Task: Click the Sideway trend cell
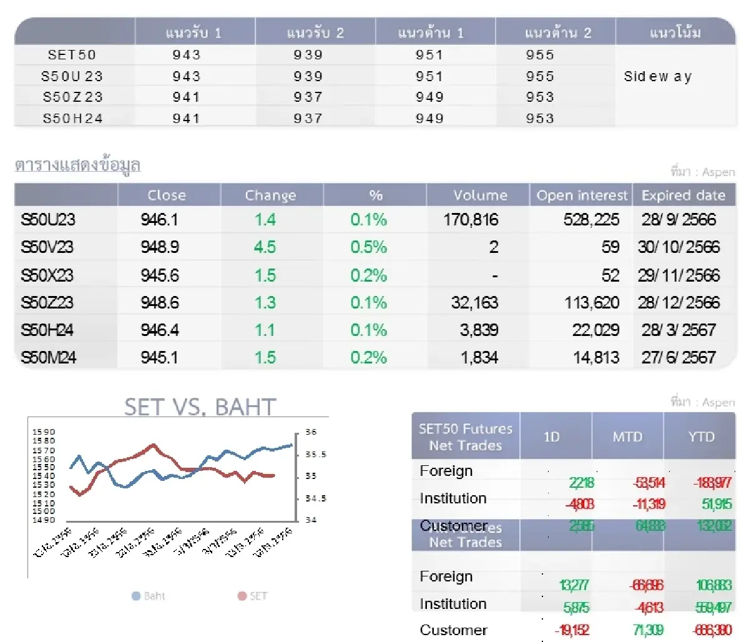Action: pyautogui.click(x=658, y=77)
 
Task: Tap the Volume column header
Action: pyautogui.click(x=479, y=195)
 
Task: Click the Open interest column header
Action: pyautogui.click(x=582, y=195)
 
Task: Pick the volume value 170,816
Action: pyautogui.click(x=471, y=220)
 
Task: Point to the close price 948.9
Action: pyautogui.click(x=160, y=247)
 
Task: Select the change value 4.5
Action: pyautogui.click(x=265, y=247)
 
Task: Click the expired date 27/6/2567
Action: pyautogui.click(x=678, y=358)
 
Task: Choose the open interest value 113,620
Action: pyautogui.click(x=592, y=303)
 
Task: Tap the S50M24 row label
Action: pyautogui.click(x=49, y=358)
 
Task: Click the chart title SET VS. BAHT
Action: pyautogui.click(x=200, y=407)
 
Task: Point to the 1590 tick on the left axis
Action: pyautogui.click(x=44, y=432)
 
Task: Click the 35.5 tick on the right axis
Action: pyautogui.click(x=315, y=455)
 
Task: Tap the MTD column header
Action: pyautogui.click(x=627, y=437)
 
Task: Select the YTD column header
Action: pyautogui.click(x=700, y=437)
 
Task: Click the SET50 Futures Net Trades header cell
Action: pyautogui.click(x=466, y=437)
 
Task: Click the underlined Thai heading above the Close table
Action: pyautogui.click(x=77, y=165)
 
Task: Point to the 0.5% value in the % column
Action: pyautogui.click(x=368, y=247)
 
